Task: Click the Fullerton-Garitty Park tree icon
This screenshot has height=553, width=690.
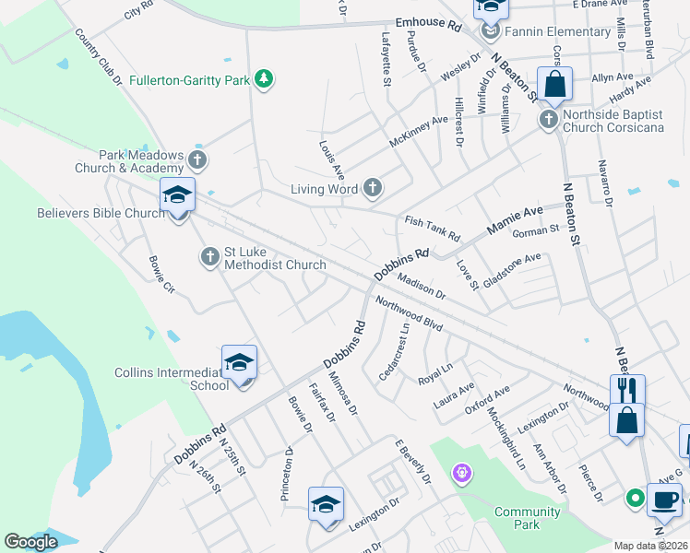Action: (x=265, y=80)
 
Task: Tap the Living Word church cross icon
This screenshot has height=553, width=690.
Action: (x=373, y=189)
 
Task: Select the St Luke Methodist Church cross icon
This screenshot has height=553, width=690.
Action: (x=210, y=256)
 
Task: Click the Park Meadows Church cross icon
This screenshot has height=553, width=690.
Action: (x=196, y=159)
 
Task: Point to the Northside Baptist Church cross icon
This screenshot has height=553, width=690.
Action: (x=548, y=119)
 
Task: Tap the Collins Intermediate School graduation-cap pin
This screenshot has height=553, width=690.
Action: (x=239, y=363)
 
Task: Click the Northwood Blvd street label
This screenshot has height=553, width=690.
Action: (x=410, y=315)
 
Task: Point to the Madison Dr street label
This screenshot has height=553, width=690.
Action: (x=422, y=287)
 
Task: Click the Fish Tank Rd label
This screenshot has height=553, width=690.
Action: (x=432, y=228)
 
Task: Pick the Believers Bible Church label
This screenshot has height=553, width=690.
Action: (x=100, y=213)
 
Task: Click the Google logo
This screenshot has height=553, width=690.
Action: (x=31, y=542)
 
